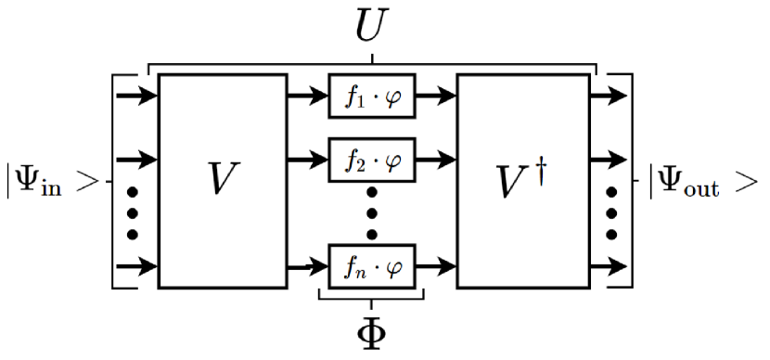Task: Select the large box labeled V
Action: pyautogui.click(x=222, y=181)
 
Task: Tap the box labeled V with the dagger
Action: pyautogui.click(x=522, y=181)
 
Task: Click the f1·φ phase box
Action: pyautogui.click(x=372, y=96)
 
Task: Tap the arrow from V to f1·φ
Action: pyautogui.click(x=307, y=96)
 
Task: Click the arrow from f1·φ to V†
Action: pyautogui.click(x=436, y=96)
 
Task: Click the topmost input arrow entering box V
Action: pyautogui.click(x=135, y=96)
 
